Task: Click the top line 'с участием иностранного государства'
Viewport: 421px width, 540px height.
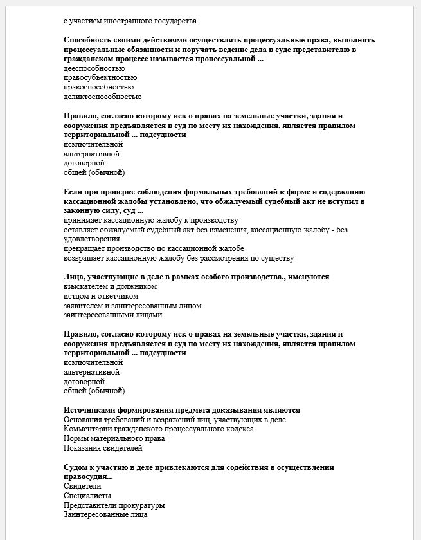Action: point(130,21)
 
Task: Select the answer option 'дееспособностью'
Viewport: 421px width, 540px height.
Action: point(94,68)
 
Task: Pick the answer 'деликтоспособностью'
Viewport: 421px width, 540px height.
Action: point(103,97)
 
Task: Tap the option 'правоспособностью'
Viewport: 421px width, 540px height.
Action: point(99,88)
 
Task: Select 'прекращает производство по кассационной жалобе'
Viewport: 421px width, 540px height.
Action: point(154,248)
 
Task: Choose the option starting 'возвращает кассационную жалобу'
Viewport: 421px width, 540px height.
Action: point(179,258)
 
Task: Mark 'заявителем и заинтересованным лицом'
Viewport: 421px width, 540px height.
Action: point(132,306)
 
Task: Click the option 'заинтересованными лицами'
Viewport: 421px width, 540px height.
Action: point(112,315)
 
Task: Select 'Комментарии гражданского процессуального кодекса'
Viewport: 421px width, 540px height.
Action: point(158,429)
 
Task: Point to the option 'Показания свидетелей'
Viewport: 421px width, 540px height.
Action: point(103,448)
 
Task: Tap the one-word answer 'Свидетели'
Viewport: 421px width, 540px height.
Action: point(82,486)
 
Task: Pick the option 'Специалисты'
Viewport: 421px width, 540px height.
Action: point(87,496)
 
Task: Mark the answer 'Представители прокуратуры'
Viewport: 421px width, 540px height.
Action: point(114,505)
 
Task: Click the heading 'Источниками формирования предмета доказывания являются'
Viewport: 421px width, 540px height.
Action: point(182,410)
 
